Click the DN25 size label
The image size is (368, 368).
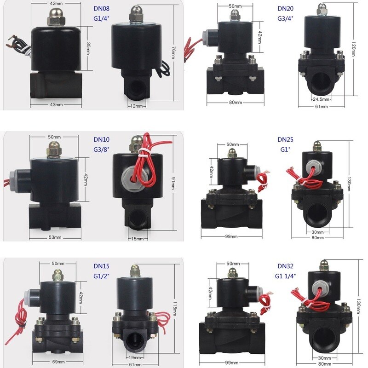click(285, 139)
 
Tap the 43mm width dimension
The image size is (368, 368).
click(56, 105)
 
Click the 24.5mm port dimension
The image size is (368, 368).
click(321, 99)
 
